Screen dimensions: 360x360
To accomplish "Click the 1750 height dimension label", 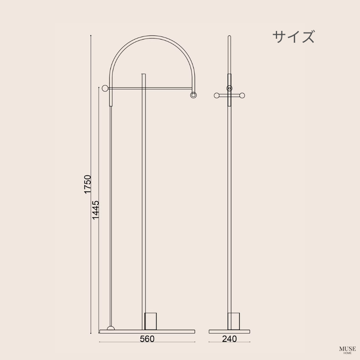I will (88, 184).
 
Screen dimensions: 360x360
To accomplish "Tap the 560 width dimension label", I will (147, 339).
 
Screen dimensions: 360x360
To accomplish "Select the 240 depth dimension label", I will (229, 339).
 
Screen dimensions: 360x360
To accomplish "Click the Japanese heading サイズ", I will (293, 37).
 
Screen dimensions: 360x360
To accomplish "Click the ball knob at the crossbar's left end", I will (104, 88).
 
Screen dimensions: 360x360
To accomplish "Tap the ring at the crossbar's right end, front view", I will (193, 95).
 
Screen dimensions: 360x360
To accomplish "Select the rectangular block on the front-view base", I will (151, 321).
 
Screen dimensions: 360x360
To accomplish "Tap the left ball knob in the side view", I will (216, 95).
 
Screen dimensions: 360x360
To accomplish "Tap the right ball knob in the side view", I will (243, 95).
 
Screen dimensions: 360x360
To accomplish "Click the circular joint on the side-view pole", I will (229, 88).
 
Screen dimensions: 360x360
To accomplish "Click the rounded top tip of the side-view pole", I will (229, 37).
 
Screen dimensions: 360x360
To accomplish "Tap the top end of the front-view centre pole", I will (144, 74).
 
